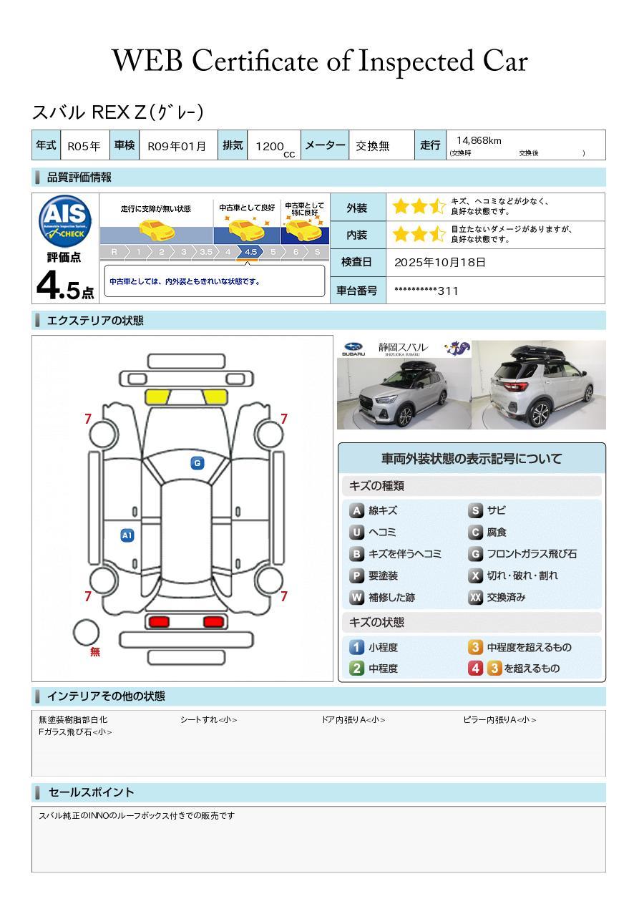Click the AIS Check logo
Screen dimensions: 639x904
(x=65, y=221)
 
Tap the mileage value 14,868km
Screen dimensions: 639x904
(x=479, y=140)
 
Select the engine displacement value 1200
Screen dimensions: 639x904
(x=270, y=146)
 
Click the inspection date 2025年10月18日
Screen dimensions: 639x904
(x=440, y=262)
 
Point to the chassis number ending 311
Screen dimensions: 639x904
(x=426, y=291)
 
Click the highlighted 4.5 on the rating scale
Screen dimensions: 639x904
(x=250, y=252)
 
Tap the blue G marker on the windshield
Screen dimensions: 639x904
(x=197, y=463)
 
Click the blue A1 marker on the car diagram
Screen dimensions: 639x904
(x=127, y=535)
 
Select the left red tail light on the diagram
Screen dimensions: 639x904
(x=159, y=622)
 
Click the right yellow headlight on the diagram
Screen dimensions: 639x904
(x=215, y=397)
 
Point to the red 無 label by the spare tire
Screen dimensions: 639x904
(x=95, y=652)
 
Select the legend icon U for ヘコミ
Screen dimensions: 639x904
(x=356, y=533)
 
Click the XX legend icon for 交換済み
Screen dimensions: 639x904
(x=475, y=597)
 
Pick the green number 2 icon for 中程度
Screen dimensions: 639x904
(x=356, y=669)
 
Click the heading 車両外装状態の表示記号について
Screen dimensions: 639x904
(x=471, y=459)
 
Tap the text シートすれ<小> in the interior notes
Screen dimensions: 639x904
(x=208, y=719)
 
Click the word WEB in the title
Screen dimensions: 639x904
(x=147, y=61)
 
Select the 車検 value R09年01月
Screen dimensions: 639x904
(x=176, y=146)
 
